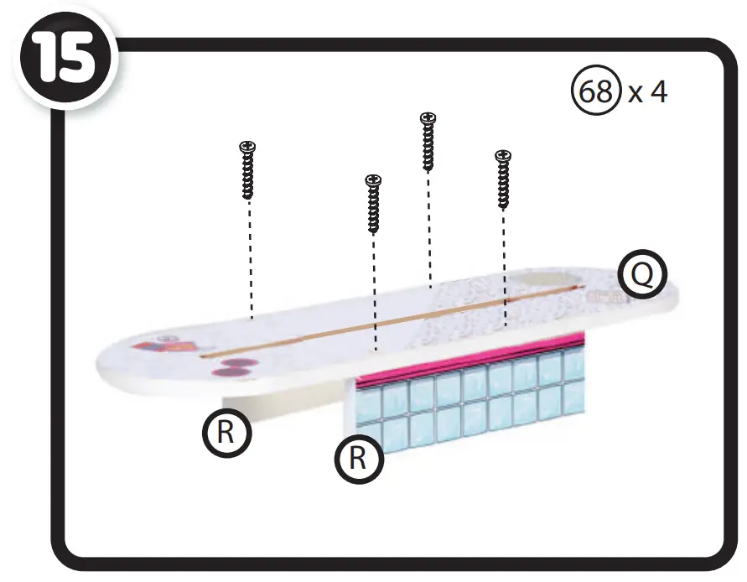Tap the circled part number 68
pos(595,91)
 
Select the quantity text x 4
pos(648,91)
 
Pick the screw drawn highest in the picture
pos(428,142)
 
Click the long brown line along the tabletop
pos(394,320)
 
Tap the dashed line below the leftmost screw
pos(250,260)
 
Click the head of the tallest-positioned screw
pos(428,118)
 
